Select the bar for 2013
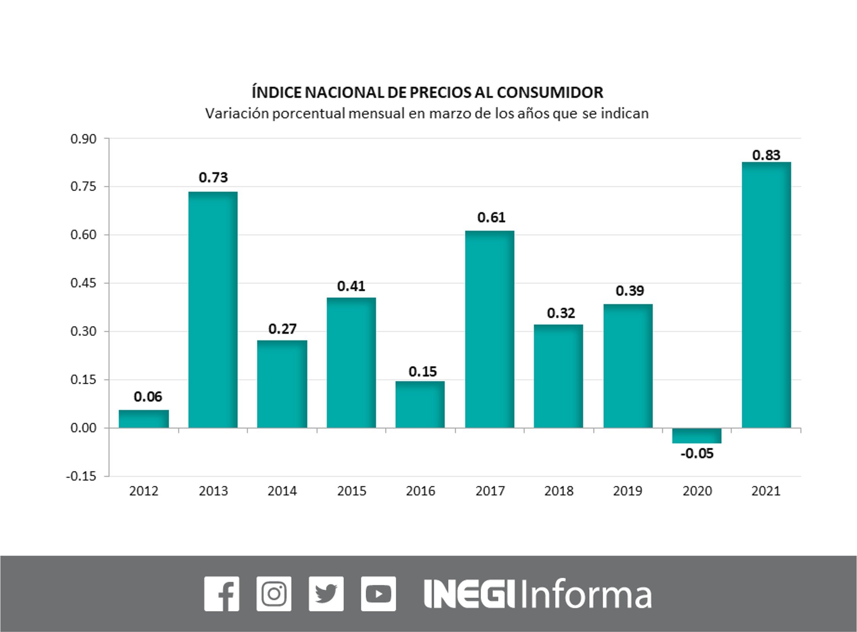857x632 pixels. click(213, 310)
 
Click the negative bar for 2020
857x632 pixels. click(697, 436)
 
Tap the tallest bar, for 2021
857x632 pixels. click(766, 295)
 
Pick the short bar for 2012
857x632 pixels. click(144, 418)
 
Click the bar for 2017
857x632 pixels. click(489, 329)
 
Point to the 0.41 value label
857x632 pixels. click(351, 286)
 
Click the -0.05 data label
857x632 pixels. click(697, 454)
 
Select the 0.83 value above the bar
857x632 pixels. click(766, 155)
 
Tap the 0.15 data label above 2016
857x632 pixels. click(422, 372)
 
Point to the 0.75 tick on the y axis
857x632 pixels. click(83, 187)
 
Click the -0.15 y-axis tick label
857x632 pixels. click(81, 476)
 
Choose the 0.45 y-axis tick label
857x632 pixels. click(83, 284)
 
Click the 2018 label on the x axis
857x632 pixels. click(559, 491)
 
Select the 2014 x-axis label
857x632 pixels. click(282, 491)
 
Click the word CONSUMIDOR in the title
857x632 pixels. click(550, 93)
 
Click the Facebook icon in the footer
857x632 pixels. click(222, 594)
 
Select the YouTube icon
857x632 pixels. click(378, 594)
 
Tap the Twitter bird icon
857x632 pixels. click(326, 594)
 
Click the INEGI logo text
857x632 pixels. click(469, 594)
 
